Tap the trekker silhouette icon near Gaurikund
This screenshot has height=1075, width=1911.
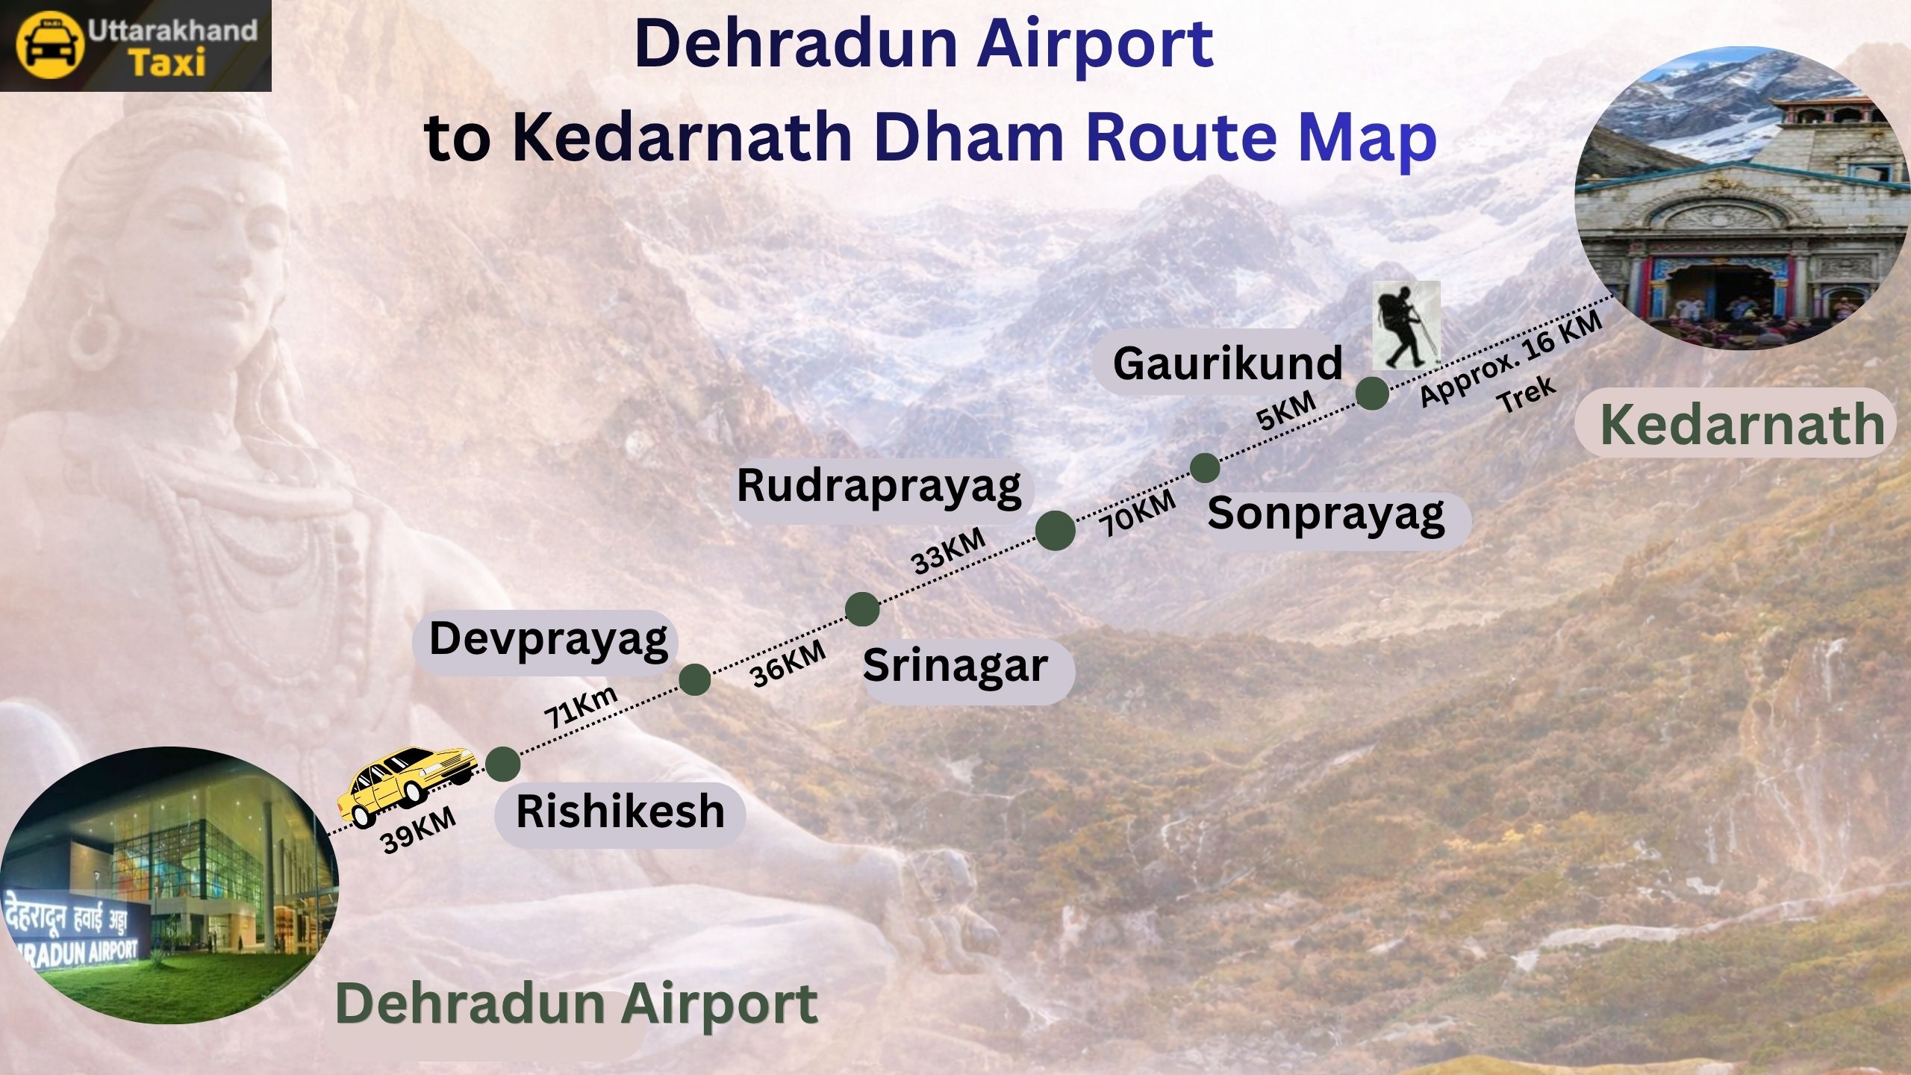(x=1406, y=326)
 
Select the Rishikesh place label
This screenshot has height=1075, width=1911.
(x=620, y=812)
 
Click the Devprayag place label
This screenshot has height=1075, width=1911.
(x=548, y=641)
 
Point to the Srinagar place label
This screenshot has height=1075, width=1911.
(x=955, y=666)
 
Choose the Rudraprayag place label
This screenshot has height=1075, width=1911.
(x=879, y=486)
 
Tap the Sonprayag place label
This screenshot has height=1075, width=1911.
(x=1326, y=514)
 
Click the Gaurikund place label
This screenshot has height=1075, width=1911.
(x=1227, y=364)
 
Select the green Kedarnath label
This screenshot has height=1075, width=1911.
(x=1742, y=425)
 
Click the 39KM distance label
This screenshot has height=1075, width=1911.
(x=418, y=830)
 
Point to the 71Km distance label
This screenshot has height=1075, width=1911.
(x=581, y=706)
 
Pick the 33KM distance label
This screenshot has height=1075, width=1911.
(x=949, y=552)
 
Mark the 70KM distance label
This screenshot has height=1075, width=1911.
(x=1137, y=513)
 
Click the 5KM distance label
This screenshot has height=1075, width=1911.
(x=1286, y=411)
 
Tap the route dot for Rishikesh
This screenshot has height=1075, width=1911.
(x=502, y=764)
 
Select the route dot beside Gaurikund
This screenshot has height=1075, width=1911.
(x=1372, y=393)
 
